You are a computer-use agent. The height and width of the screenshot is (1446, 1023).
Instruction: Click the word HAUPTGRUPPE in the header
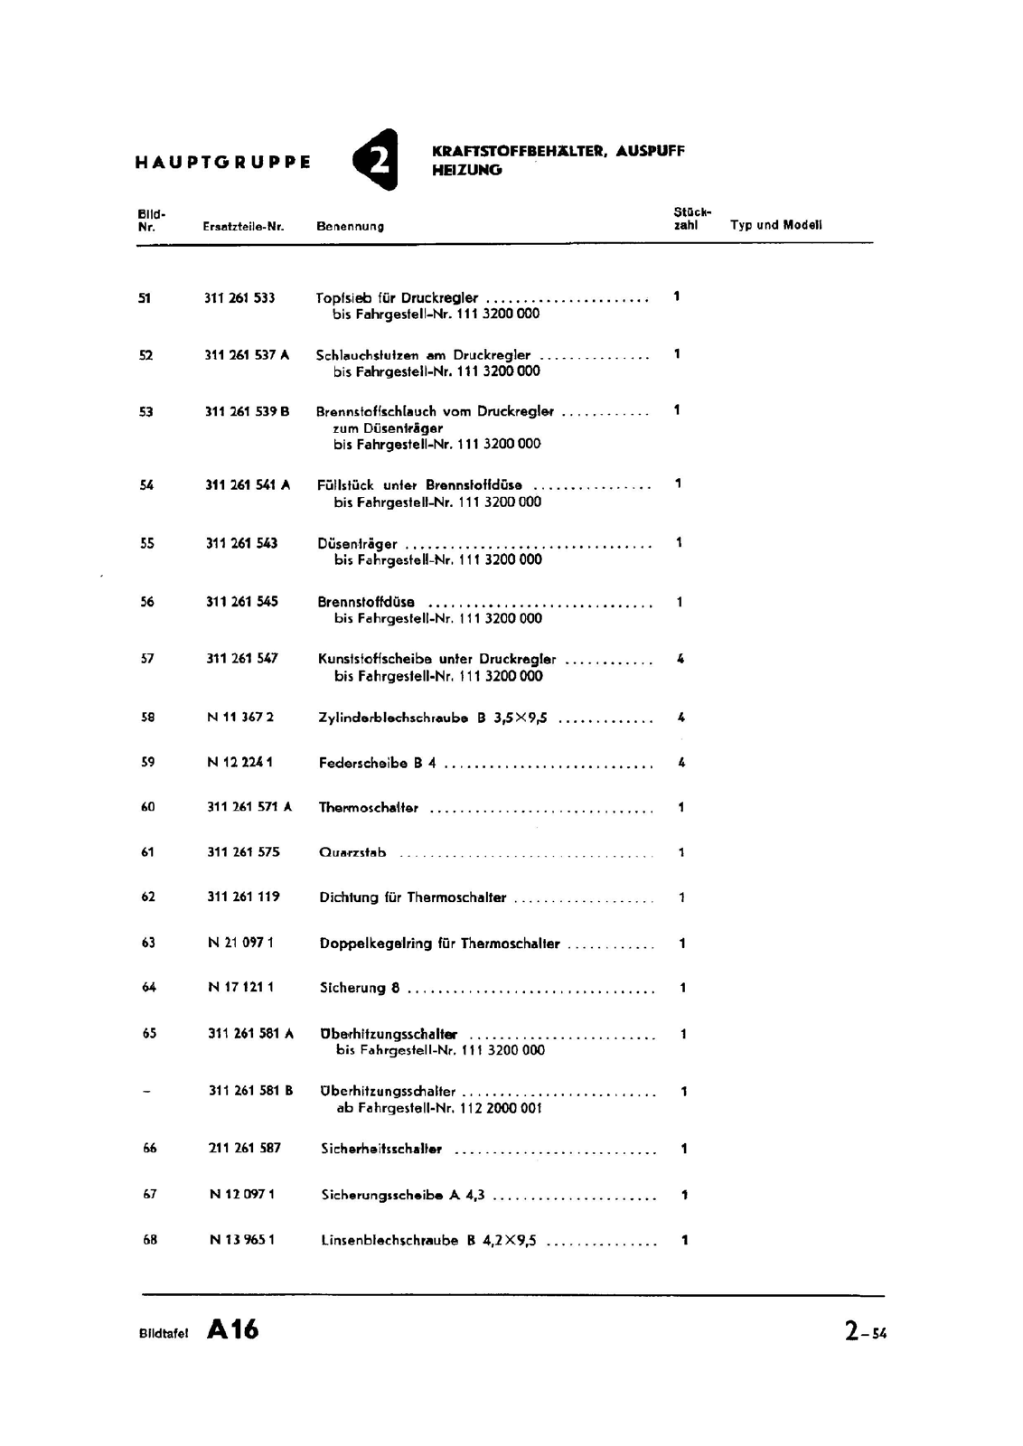point(222,163)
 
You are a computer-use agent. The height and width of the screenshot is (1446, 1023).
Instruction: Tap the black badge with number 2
point(376,160)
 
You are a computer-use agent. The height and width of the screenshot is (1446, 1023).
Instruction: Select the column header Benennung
point(350,226)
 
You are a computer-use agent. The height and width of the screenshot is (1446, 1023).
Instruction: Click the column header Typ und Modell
point(775,225)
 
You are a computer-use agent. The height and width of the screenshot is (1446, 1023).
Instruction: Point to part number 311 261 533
point(239,297)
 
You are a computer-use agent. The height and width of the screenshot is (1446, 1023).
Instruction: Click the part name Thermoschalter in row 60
point(369,808)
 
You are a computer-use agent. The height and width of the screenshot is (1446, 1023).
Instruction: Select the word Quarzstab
point(352,852)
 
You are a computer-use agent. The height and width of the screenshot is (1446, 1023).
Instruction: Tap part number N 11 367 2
point(240,718)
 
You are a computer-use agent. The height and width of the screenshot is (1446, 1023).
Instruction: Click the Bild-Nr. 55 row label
point(147,543)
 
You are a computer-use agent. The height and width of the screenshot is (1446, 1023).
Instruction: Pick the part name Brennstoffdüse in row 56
point(366,602)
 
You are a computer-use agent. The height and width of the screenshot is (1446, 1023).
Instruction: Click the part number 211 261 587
point(244,1148)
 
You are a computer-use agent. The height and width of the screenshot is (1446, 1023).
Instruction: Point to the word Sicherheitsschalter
point(381,1149)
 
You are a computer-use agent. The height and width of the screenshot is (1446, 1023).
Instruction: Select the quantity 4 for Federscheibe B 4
point(681,763)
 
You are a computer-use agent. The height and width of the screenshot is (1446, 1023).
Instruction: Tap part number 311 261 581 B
point(250,1091)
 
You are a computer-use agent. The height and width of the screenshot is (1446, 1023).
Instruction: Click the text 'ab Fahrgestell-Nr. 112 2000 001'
point(439,1108)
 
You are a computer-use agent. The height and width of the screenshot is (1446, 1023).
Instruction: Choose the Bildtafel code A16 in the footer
point(232,1329)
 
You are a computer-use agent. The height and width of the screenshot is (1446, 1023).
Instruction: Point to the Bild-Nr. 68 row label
point(150,1240)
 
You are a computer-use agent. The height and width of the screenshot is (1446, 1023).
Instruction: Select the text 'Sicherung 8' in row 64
point(360,988)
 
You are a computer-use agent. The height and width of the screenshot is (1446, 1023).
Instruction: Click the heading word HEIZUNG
point(467,170)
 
